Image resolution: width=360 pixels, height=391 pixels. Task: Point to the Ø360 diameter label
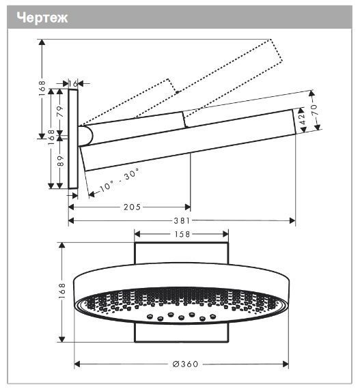coord(184,364)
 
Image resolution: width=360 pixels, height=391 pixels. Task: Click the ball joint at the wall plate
coord(85,135)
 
